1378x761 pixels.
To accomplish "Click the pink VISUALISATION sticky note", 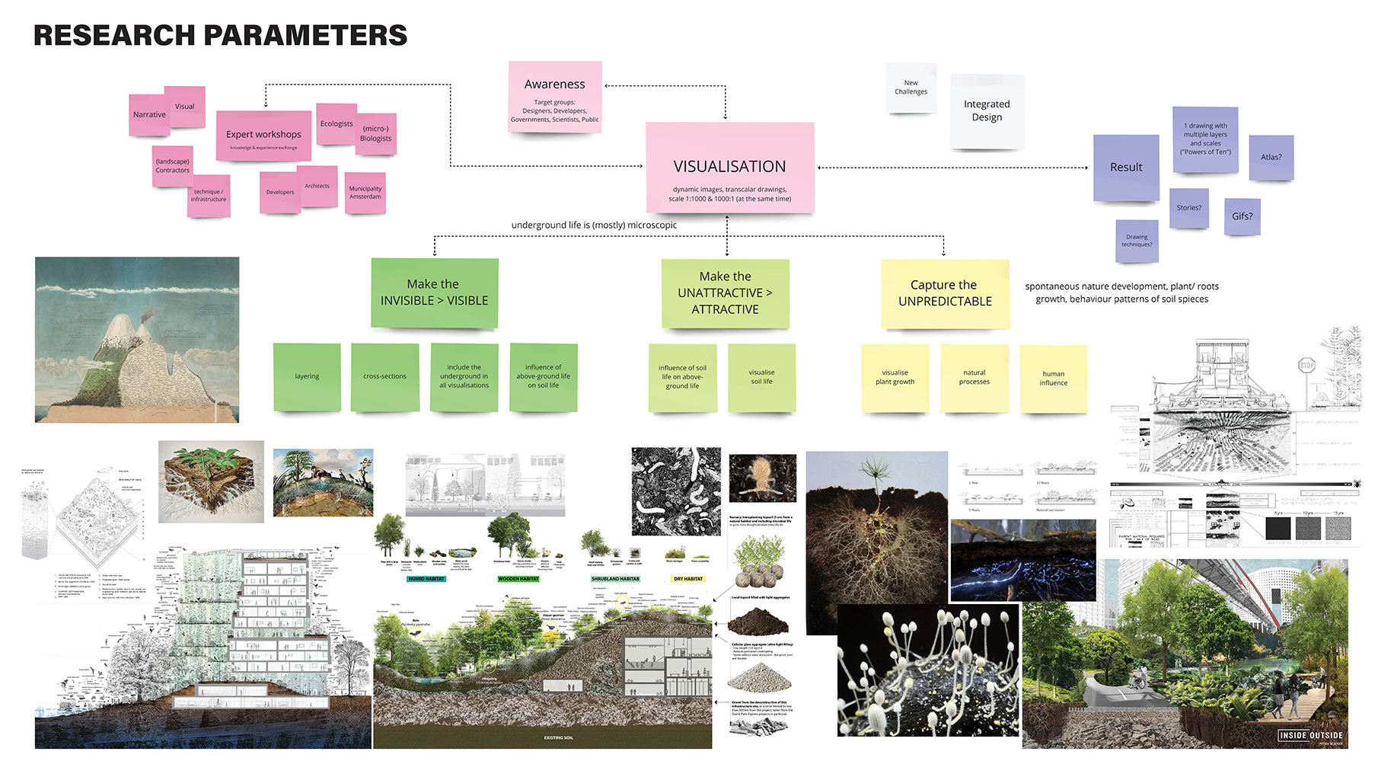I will click(x=729, y=168).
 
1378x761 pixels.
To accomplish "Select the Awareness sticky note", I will click(x=555, y=95).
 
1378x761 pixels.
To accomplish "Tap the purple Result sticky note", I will click(x=1126, y=168).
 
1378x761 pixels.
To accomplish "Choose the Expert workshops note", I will click(x=263, y=136).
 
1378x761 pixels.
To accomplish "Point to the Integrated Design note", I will click(x=987, y=111).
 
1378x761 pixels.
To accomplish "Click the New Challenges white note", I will click(x=911, y=88).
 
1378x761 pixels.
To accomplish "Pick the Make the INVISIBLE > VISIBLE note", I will click(x=434, y=293).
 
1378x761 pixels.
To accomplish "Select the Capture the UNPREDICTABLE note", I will click(x=945, y=293).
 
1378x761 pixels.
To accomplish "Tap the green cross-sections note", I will click(x=384, y=376).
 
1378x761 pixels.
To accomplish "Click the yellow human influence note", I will click(x=1053, y=379).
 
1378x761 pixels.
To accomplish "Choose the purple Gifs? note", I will click(x=1242, y=216).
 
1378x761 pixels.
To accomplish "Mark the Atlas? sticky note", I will click(x=1271, y=157).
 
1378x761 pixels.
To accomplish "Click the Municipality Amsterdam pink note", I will click(x=365, y=192).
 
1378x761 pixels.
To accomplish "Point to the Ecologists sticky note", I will click(x=337, y=123).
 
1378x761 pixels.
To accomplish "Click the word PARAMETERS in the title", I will click(x=305, y=36).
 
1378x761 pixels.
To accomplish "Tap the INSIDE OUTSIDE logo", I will click(x=1310, y=735).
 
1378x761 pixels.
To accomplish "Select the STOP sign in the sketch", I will click(x=1306, y=366).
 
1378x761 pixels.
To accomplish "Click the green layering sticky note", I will click(x=307, y=376).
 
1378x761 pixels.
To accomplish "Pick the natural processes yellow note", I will click(x=974, y=377).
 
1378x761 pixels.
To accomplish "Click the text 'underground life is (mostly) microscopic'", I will click(x=594, y=225).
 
